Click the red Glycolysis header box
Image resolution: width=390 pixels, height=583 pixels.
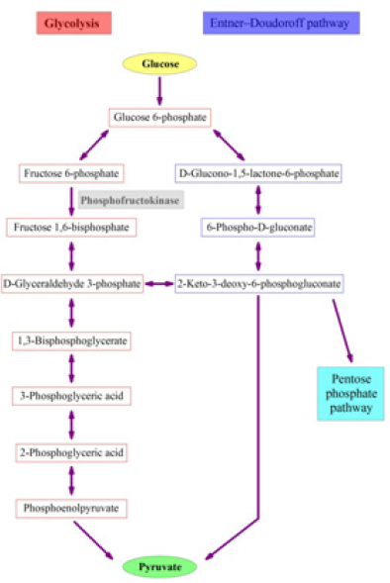[x=72, y=22]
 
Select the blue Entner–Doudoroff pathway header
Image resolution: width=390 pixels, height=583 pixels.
[x=280, y=22]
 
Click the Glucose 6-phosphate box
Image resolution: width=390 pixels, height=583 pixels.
[x=160, y=118]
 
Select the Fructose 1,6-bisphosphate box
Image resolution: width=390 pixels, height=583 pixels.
[x=70, y=228]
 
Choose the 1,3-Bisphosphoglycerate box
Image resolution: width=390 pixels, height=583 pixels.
[x=71, y=340]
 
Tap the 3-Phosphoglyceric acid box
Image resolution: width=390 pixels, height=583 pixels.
[x=71, y=396]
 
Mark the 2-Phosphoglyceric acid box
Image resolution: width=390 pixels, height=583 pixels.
[x=71, y=452]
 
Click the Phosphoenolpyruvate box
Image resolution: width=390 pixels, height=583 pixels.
[x=71, y=508]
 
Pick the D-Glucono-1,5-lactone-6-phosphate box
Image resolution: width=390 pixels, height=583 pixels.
[x=258, y=174]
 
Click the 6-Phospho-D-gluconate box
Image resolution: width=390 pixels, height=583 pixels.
[x=258, y=228]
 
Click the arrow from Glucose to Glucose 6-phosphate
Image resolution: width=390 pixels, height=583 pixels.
[x=159, y=90]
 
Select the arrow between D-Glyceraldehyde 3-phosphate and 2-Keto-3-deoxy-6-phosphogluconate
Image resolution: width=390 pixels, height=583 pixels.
[x=158, y=284]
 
